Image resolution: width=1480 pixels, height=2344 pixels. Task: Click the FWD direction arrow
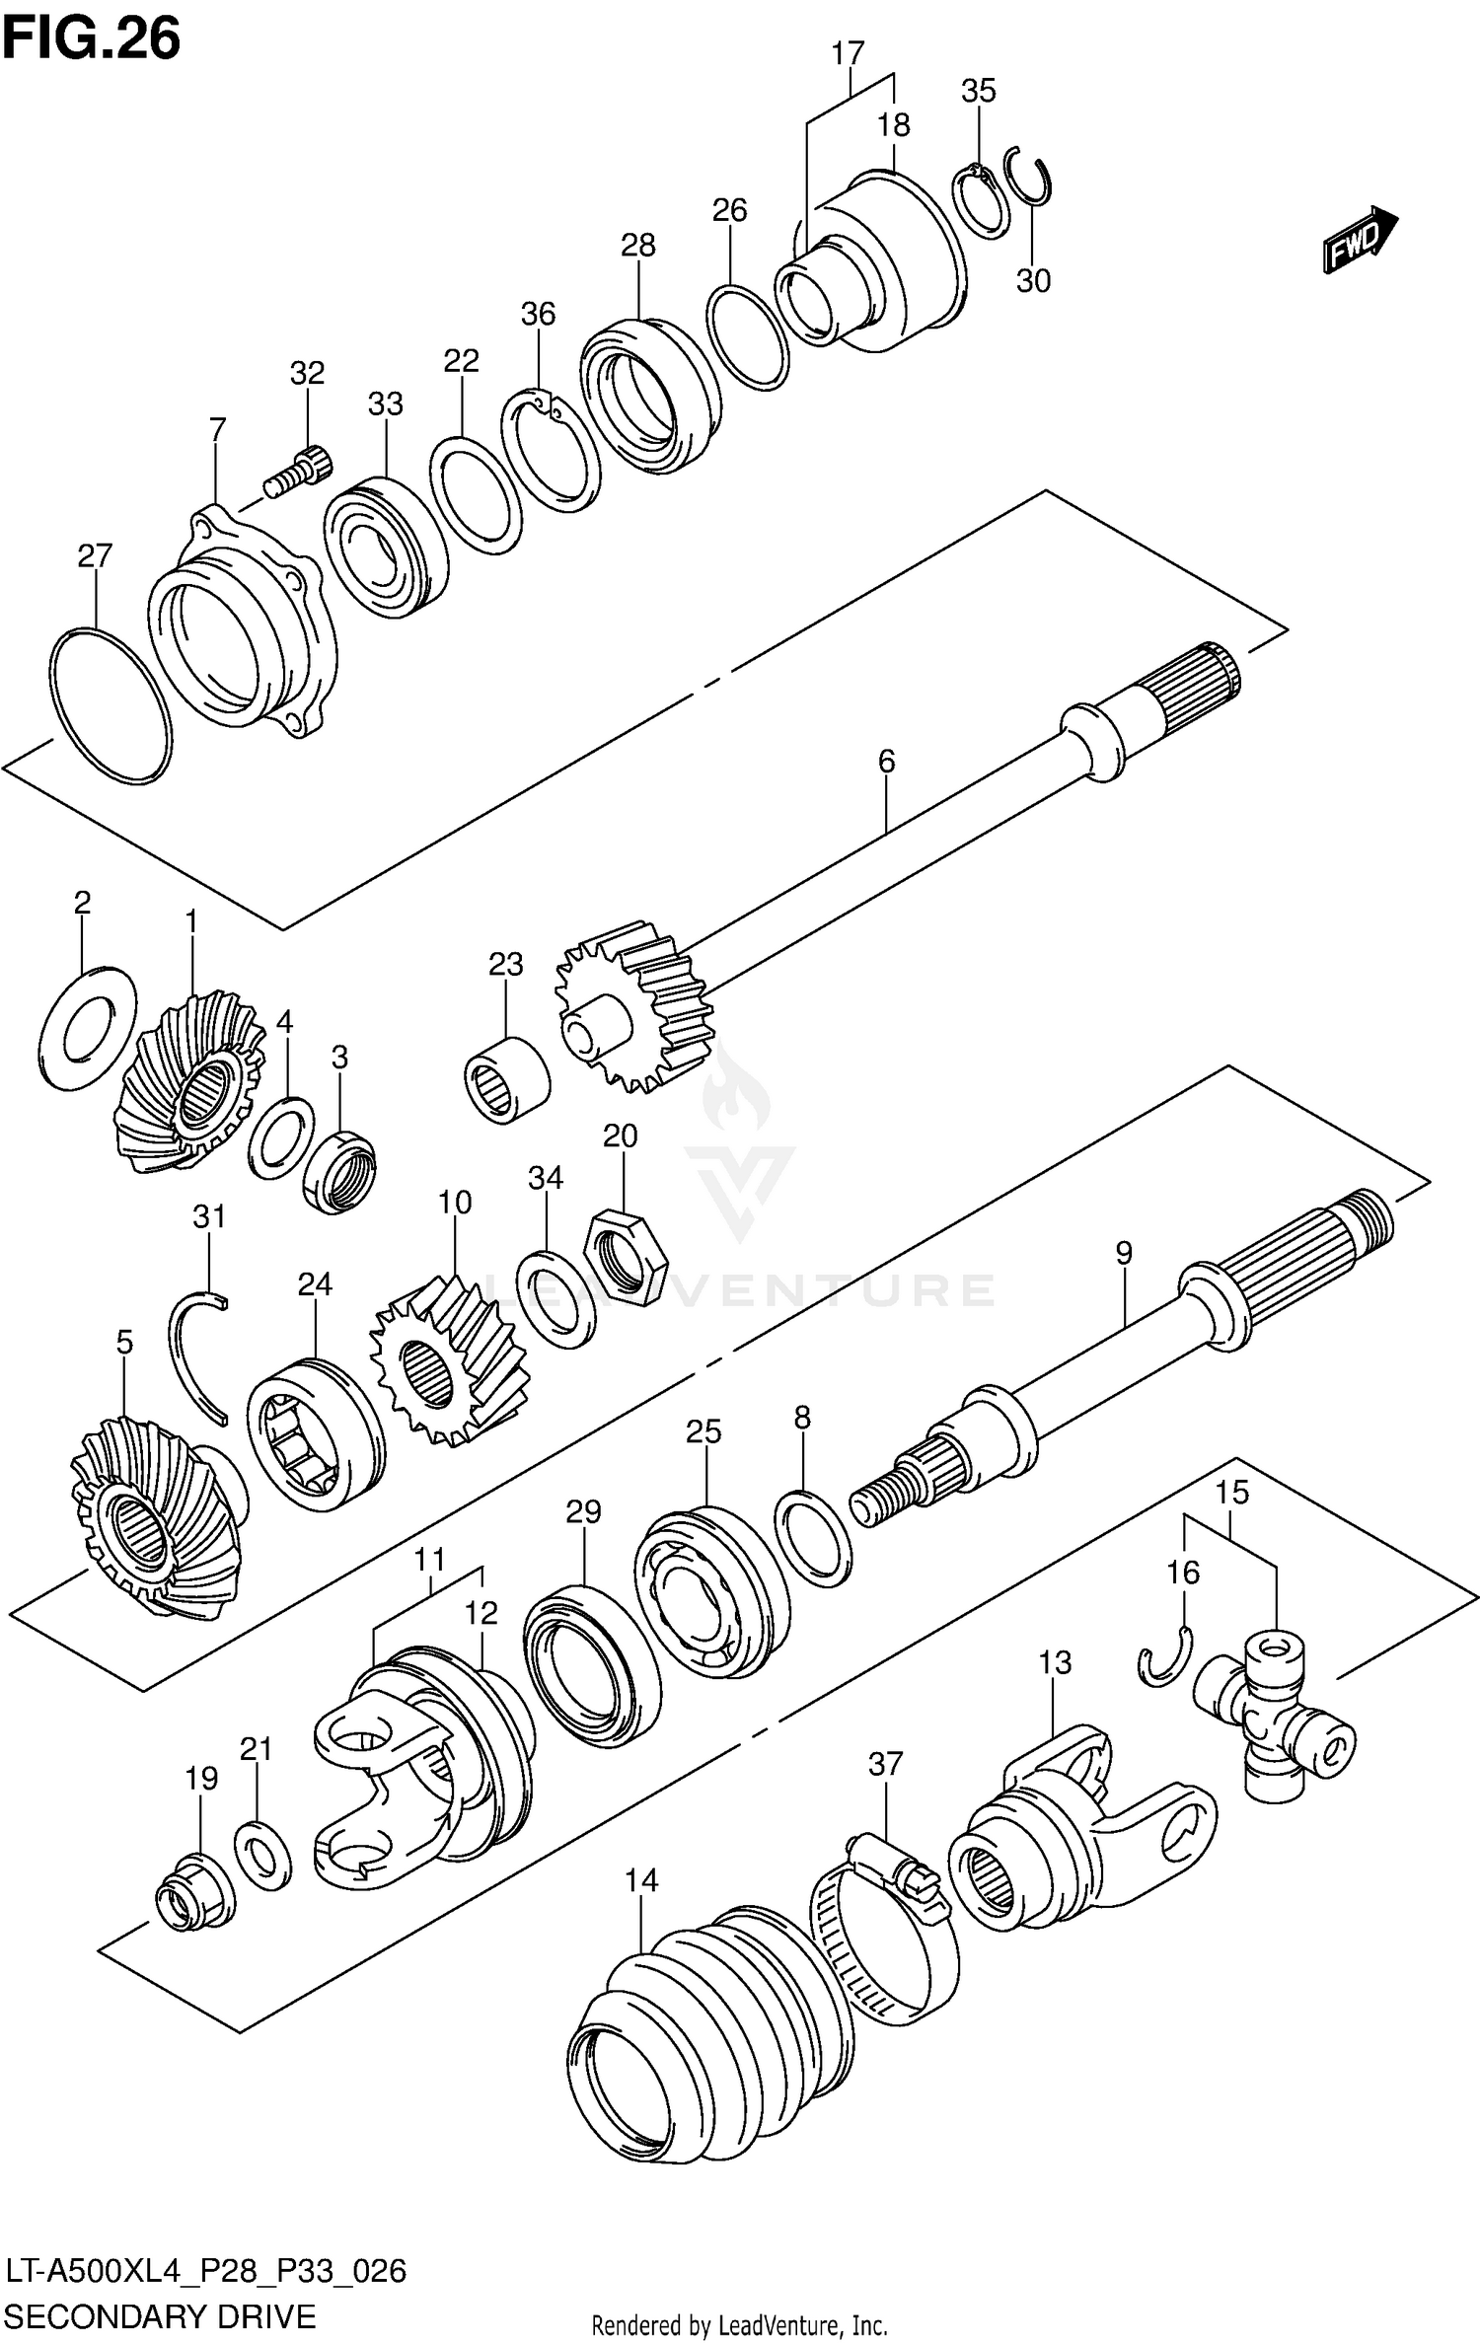pos(1360,239)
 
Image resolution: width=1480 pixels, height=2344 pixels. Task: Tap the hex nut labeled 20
pos(626,1258)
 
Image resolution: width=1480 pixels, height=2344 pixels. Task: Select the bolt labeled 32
pos(299,473)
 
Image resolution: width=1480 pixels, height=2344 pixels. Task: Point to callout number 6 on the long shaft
pos(886,762)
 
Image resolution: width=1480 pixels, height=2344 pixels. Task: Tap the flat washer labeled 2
pos(89,1028)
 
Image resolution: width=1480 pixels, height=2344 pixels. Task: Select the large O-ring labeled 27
pos(110,705)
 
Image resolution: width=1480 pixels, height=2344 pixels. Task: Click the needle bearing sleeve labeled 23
pos(507,1079)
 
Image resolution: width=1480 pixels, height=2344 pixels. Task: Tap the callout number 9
pos(1123,1253)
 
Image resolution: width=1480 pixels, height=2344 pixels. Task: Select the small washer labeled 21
pos(262,1855)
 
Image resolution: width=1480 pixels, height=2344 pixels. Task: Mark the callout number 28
pos(637,245)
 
